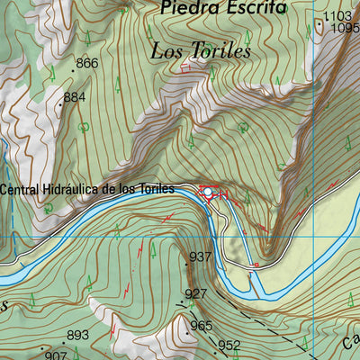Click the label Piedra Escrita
pyautogui.click(x=222, y=8)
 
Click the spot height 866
pyautogui.click(x=87, y=63)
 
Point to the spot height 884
pyautogui.click(x=75, y=96)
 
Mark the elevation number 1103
pyautogui.click(x=337, y=16)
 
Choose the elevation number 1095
pyautogui.click(x=344, y=28)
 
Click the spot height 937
pyautogui.click(x=200, y=257)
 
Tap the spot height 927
pyautogui.click(x=195, y=294)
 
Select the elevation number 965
pyautogui.click(x=202, y=326)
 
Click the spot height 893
pyautogui.click(x=78, y=336)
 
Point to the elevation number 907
pyautogui.click(x=57, y=355)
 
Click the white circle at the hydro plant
pyautogui.click(x=209, y=192)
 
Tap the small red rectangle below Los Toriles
pyautogui.click(x=186, y=67)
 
